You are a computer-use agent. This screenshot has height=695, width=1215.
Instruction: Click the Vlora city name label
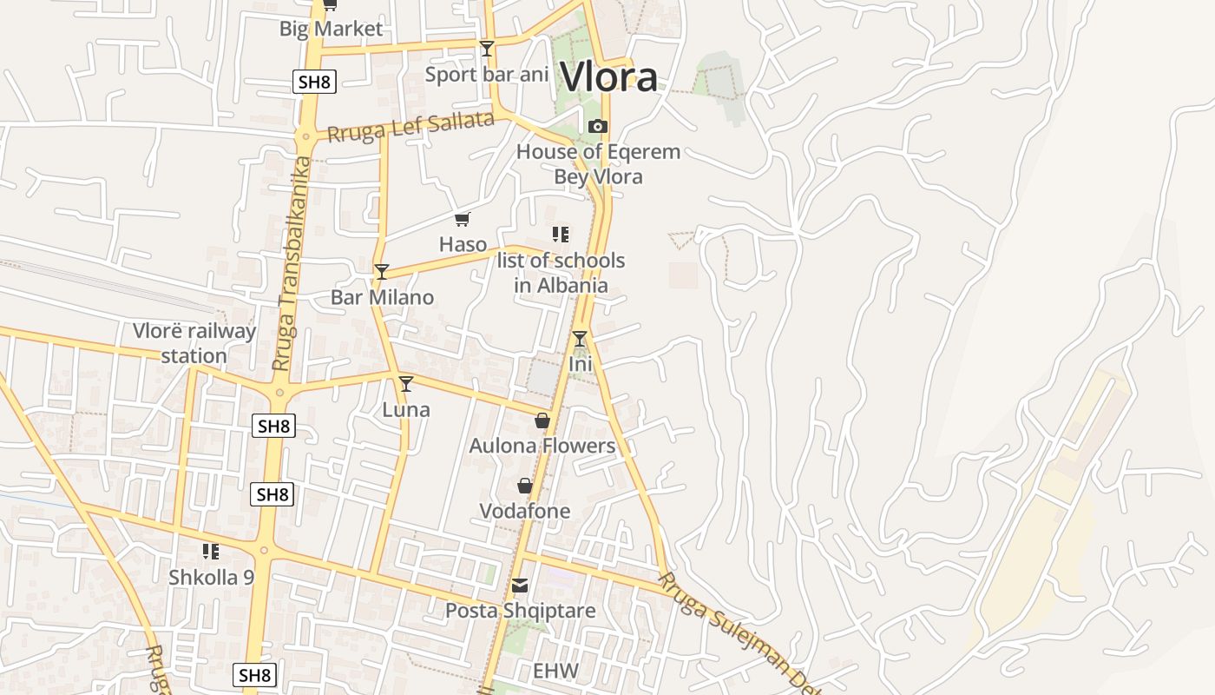click(608, 76)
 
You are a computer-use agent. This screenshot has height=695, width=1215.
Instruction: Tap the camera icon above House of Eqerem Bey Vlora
click(597, 127)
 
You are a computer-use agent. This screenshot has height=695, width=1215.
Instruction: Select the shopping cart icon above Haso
click(463, 219)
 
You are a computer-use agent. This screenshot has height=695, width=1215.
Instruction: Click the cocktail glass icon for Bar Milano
click(381, 271)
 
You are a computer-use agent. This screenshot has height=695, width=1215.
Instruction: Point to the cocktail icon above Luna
click(405, 383)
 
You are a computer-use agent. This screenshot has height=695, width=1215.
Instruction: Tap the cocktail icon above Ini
click(580, 338)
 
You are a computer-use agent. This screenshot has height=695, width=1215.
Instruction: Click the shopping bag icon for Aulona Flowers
click(542, 421)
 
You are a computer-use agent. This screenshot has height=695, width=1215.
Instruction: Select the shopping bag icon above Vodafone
click(525, 486)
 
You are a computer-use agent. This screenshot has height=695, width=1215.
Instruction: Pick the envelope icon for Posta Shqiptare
click(520, 586)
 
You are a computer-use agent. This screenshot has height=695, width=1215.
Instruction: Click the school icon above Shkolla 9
click(211, 551)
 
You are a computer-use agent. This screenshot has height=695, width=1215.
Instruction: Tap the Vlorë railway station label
click(194, 343)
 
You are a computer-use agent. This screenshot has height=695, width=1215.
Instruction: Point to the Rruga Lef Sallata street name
click(410, 126)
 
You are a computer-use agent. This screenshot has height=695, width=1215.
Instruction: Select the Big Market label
click(331, 29)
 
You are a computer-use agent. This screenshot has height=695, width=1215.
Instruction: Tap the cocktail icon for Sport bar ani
click(487, 49)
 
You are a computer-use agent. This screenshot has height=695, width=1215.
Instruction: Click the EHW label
click(555, 671)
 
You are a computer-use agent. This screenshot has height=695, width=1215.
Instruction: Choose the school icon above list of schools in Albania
click(561, 234)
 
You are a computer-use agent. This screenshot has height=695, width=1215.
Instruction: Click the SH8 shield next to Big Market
click(313, 83)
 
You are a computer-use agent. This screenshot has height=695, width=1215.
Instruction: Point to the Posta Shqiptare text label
click(520, 611)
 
